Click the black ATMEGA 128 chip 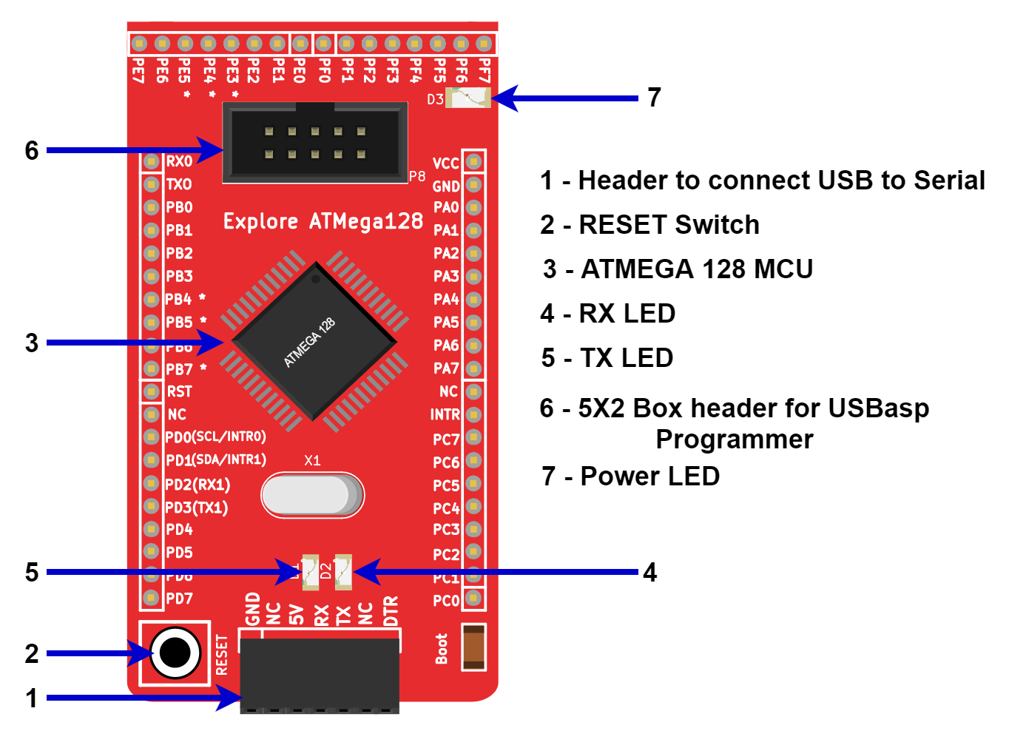pos(314,341)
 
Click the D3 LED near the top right pos(468,98)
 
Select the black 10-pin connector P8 pos(315,142)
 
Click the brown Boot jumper pos(473,647)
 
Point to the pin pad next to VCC pos(474,161)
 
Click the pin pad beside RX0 pos(152,161)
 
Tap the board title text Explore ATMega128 pos(323,221)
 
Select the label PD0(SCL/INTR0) pos(215,437)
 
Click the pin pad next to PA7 pos(474,368)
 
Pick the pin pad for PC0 pos(474,598)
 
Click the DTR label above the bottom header pos(391,611)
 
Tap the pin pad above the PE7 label pos(138,44)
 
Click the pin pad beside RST pos(152,391)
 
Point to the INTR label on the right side pos(445,414)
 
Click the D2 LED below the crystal pos(343,572)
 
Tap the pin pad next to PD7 pos(152,598)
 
